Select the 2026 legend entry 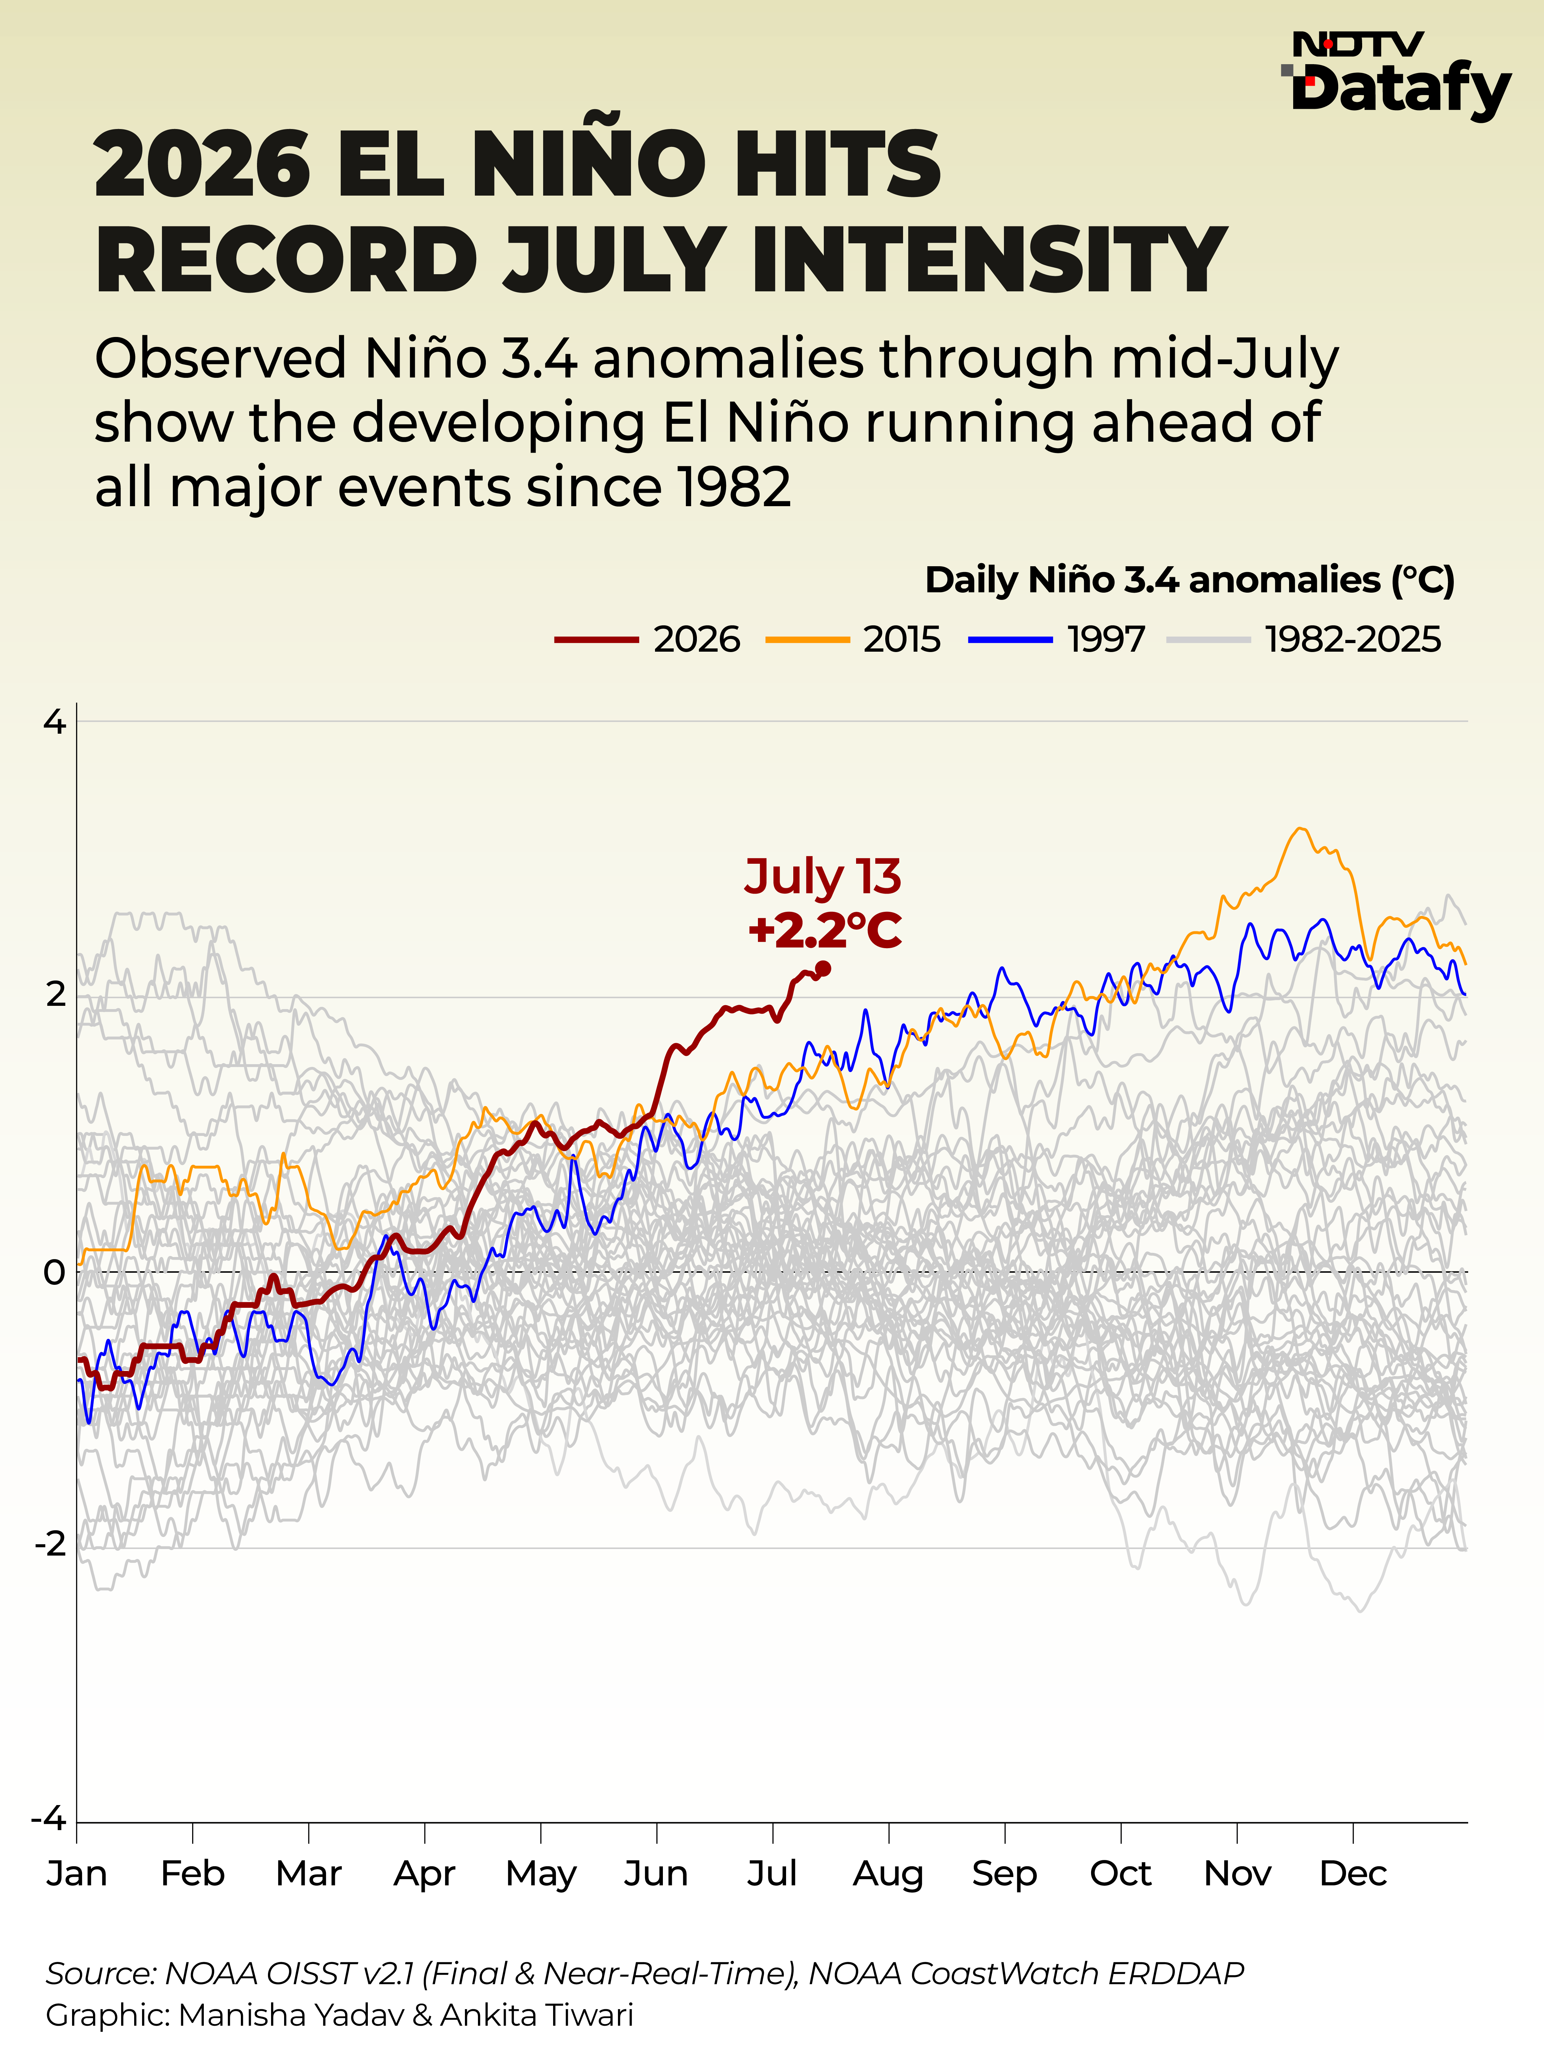pyautogui.click(x=648, y=639)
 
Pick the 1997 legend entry pyautogui.click(x=1057, y=639)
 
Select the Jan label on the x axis pyautogui.click(x=76, y=1874)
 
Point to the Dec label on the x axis pyautogui.click(x=1353, y=1874)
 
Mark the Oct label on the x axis pyautogui.click(x=1121, y=1874)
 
